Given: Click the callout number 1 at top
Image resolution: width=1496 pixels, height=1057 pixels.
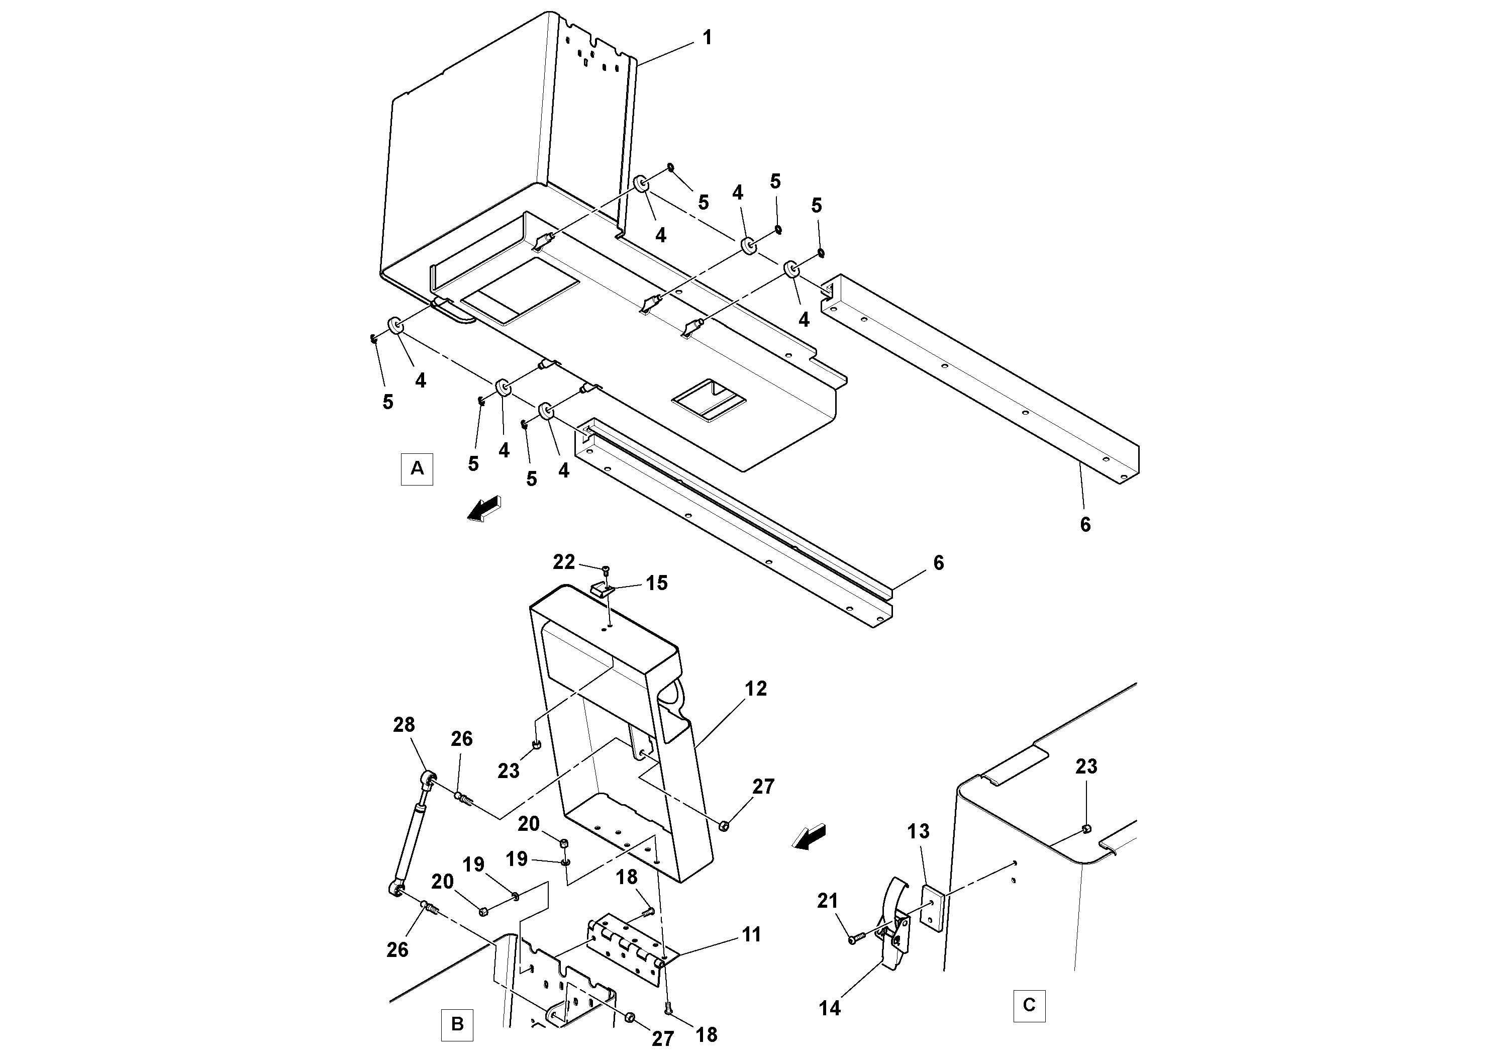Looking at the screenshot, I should [x=707, y=38].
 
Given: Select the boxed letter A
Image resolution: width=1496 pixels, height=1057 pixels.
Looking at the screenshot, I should [x=417, y=468].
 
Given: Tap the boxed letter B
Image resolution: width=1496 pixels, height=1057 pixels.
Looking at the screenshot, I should [x=457, y=1024].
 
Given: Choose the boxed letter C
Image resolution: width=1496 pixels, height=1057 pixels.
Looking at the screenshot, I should [x=1029, y=1005].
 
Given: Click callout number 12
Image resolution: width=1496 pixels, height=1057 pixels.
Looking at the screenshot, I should [x=756, y=688].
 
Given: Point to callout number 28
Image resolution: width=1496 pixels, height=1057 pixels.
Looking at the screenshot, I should [x=404, y=725].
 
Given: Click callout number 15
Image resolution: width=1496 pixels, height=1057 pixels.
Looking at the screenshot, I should [x=657, y=583].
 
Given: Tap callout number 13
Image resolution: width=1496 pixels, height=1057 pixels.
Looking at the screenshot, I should [x=918, y=831].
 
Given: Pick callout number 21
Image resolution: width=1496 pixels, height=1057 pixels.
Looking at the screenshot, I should [x=828, y=901].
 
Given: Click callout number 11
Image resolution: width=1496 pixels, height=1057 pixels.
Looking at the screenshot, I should [x=751, y=934].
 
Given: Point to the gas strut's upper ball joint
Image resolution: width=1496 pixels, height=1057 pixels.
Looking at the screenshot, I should [x=429, y=778].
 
